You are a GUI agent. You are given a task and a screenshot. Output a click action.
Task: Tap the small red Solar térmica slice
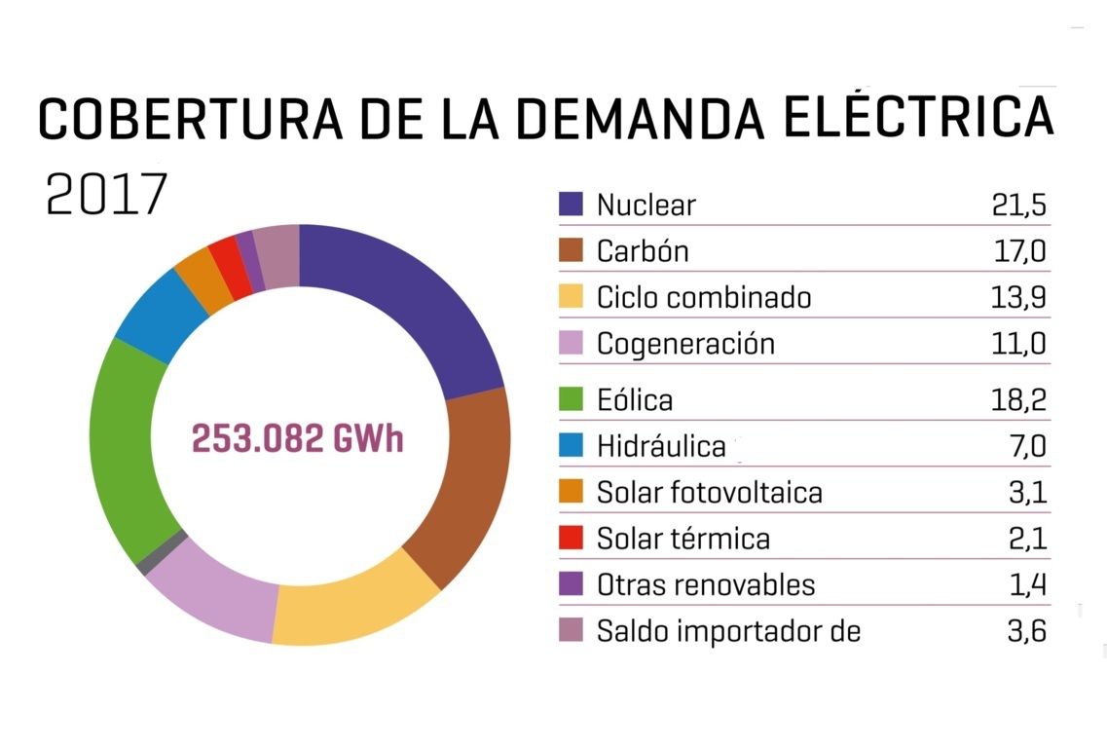(226, 255)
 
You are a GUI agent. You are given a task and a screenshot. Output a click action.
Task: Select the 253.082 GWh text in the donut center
(297, 439)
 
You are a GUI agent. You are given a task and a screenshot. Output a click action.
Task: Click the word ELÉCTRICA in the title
(918, 116)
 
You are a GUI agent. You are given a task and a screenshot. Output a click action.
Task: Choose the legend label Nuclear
(646, 206)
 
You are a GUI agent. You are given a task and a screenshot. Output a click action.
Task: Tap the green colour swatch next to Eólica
(572, 399)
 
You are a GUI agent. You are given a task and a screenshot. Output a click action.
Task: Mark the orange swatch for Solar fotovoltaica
(572, 492)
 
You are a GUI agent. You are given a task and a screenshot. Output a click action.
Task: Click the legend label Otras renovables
(706, 585)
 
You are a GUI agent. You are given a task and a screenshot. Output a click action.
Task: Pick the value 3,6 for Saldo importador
(1026, 631)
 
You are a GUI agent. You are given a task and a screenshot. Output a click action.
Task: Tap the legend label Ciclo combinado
(704, 297)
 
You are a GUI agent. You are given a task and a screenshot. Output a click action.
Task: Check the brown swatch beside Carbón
(572, 250)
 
